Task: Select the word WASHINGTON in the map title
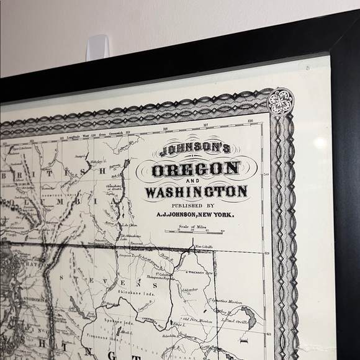(x=197, y=191)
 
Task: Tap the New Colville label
(x=204, y=248)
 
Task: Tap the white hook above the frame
(x=97, y=47)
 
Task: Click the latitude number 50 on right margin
(x=267, y=175)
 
